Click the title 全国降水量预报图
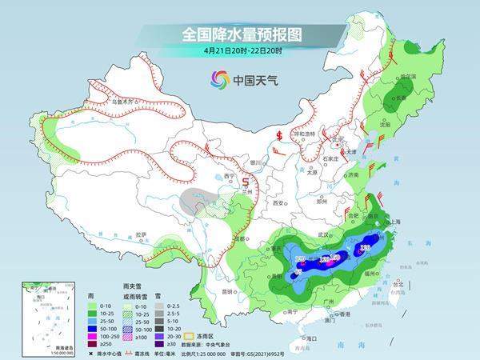[240, 35]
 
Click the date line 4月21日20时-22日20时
[240, 53]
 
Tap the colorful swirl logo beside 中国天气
[219, 78]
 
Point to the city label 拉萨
[141, 234]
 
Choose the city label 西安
[278, 203]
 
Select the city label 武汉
[324, 234]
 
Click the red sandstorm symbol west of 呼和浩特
[279, 134]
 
